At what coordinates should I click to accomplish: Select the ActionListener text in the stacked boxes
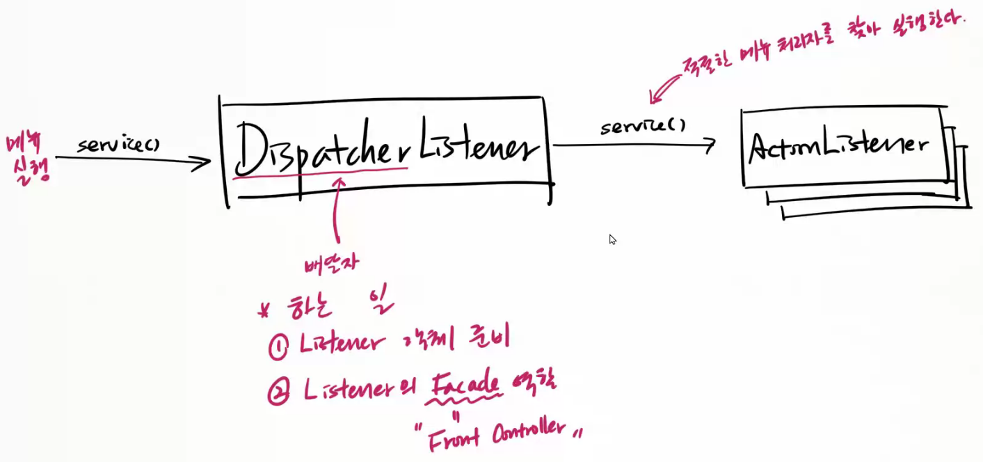click(838, 146)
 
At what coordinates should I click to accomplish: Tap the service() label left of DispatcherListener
click(118, 145)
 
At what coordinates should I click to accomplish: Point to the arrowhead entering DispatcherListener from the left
click(203, 163)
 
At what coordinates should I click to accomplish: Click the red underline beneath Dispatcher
click(320, 175)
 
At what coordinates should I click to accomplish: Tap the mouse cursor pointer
click(612, 239)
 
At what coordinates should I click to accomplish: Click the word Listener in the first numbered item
click(342, 344)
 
